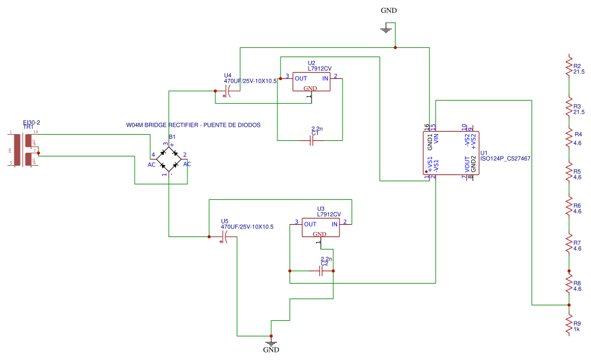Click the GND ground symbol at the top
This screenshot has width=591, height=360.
[x=386, y=29]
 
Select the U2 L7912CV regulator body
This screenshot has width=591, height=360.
[x=311, y=83]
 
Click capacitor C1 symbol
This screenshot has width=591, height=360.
[x=315, y=140]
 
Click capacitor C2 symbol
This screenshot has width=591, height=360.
[x=323, y=271]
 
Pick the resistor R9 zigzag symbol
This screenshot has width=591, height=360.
[x=568, y=323]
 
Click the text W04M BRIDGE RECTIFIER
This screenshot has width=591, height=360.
[x=192, y=125]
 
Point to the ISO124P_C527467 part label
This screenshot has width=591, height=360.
[x=505, y=158]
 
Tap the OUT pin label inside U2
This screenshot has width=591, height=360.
[x=301, y=78]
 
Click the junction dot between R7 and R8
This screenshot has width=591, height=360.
[x=568, y=271]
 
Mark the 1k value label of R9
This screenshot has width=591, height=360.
[x=577, y=330]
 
